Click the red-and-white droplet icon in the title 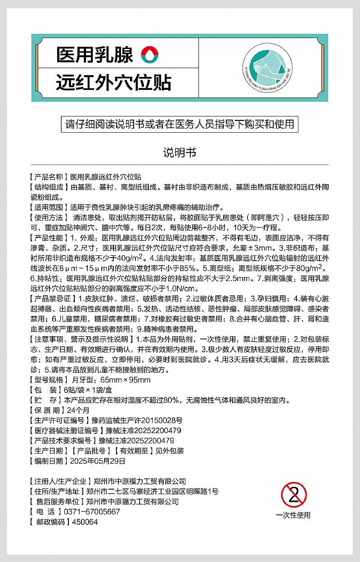coord(150,55)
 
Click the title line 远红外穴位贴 coord(113,83)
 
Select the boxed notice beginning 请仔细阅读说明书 coord(180,124)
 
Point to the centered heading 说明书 coord(180,152)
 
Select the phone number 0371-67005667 coord(92,512)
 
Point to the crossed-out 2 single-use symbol coord(293,495)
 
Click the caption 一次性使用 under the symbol coord(293,515)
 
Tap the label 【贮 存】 coord(45,400)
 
